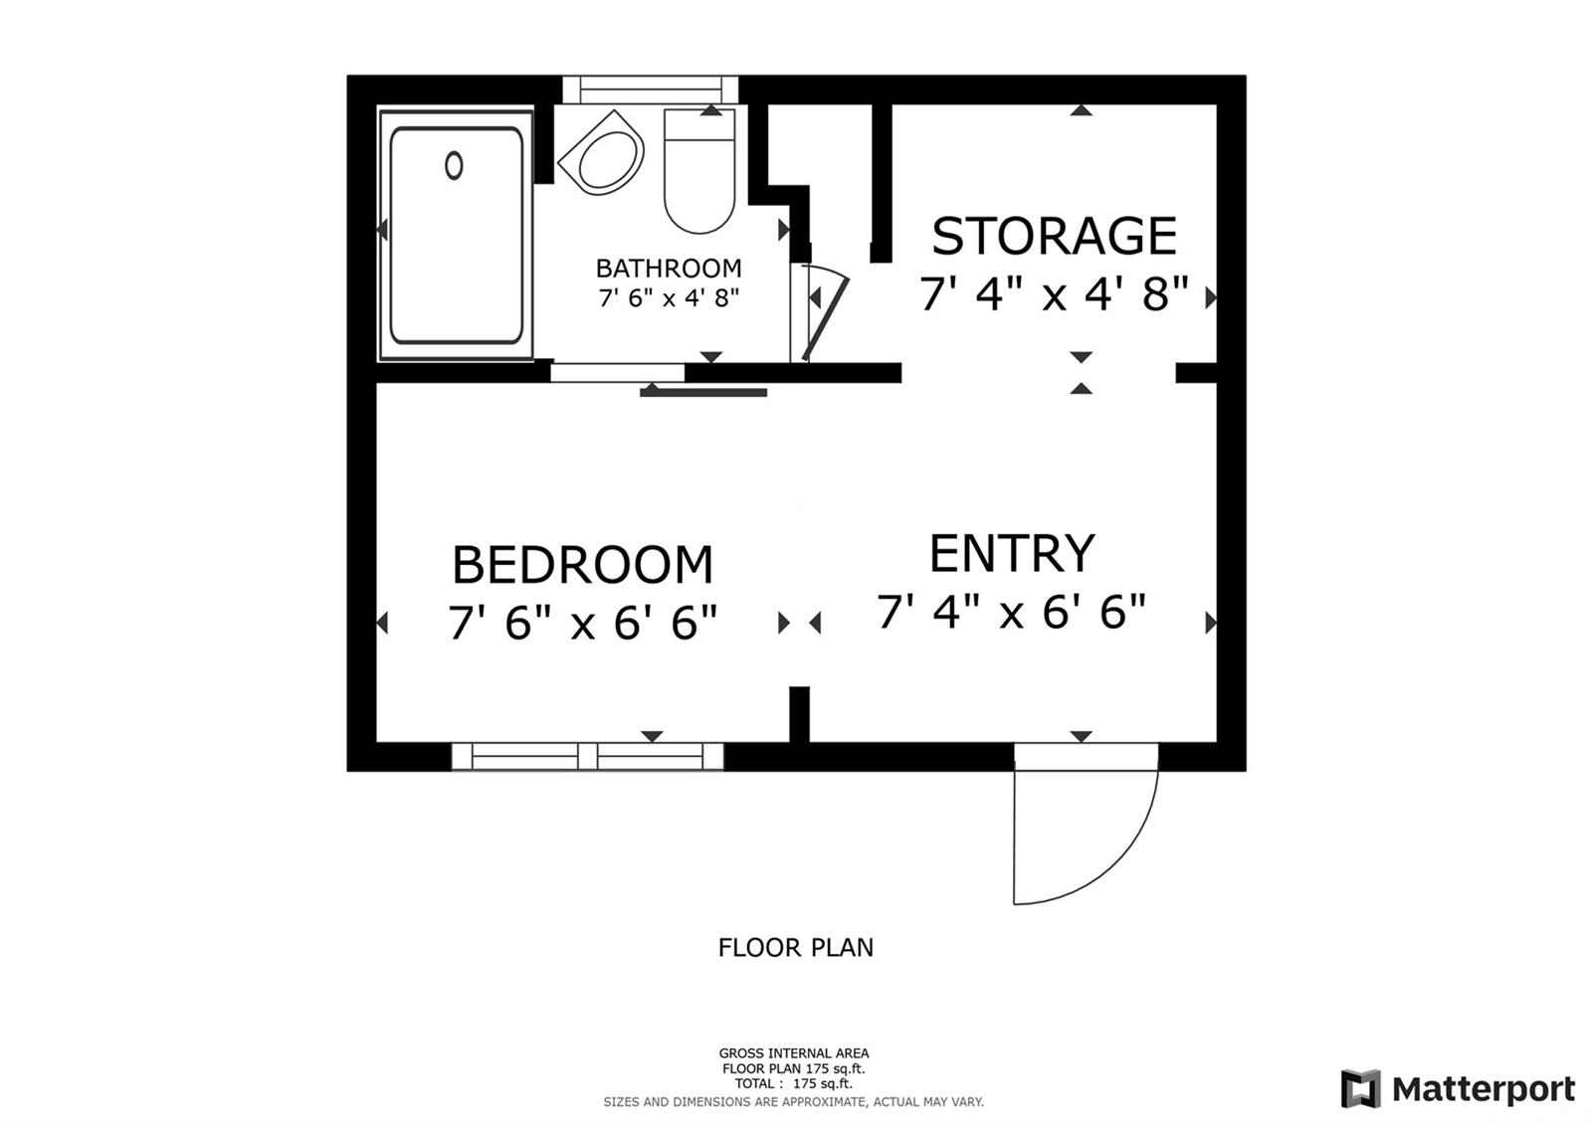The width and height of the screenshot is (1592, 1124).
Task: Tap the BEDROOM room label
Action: tap(583, 565)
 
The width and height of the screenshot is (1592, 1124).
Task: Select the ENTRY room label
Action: tap(1012, 553)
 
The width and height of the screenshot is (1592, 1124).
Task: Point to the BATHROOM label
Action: tap(669, 269)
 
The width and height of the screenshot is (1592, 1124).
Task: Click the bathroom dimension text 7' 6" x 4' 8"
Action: tap(669, 297)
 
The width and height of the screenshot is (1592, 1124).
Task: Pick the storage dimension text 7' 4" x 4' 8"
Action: tap(1054, 293)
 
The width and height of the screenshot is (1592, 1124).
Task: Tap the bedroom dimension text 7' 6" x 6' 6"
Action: tap(583, 623)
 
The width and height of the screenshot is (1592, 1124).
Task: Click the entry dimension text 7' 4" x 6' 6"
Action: tap(1012, 611)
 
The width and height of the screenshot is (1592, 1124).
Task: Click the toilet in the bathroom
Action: tap(699, 170)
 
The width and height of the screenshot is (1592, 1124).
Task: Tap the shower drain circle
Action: tap(454, 165)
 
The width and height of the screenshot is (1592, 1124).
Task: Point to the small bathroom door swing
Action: tap(825, 311)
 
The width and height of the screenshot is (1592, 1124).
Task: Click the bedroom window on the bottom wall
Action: tap(587, 757)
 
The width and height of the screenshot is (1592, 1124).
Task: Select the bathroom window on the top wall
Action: tap(651, 91)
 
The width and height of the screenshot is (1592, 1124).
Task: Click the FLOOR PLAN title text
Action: tap(795, 948)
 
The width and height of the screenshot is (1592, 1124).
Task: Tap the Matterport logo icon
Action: tap(1361, 1088)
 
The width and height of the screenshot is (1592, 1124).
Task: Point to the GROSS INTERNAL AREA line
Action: tap(794, 1053)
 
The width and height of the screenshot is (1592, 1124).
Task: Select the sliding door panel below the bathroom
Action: tap(703, 392)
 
